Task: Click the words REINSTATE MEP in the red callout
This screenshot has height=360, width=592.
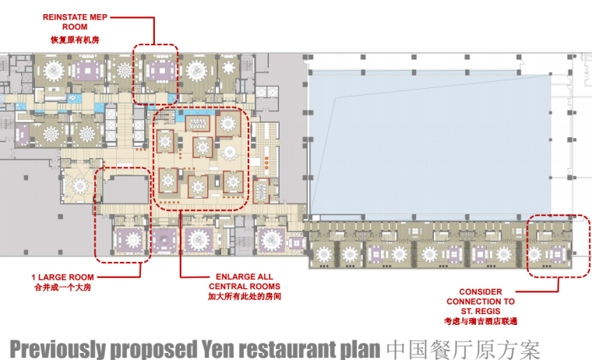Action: point(75,17)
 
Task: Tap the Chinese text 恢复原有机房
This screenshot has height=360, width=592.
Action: point(75,40)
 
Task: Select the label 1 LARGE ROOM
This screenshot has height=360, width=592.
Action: point(62,277)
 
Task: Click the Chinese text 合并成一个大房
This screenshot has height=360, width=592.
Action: point(62,288)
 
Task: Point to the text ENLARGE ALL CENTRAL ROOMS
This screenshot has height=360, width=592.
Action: point(245,281)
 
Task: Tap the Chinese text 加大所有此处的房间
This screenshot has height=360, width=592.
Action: point(245,297)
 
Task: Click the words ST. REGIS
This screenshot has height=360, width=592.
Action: point(481,311)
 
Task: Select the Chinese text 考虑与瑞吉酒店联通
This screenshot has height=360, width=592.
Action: point(481,322)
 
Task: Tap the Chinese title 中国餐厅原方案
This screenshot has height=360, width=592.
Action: point(463,349)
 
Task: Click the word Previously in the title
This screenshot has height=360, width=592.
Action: point(58,349)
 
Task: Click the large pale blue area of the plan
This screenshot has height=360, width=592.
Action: point(431,143)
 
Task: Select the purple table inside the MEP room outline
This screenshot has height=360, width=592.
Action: point(162,70)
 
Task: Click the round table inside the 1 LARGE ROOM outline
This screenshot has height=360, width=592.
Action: point(133,240)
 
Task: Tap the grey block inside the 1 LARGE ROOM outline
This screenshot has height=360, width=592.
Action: point(126,189)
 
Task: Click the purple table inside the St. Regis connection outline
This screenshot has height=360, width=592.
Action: point(558,253)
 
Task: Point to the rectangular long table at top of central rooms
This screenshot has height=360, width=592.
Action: point(197,123)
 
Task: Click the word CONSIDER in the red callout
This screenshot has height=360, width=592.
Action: point(481,291)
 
